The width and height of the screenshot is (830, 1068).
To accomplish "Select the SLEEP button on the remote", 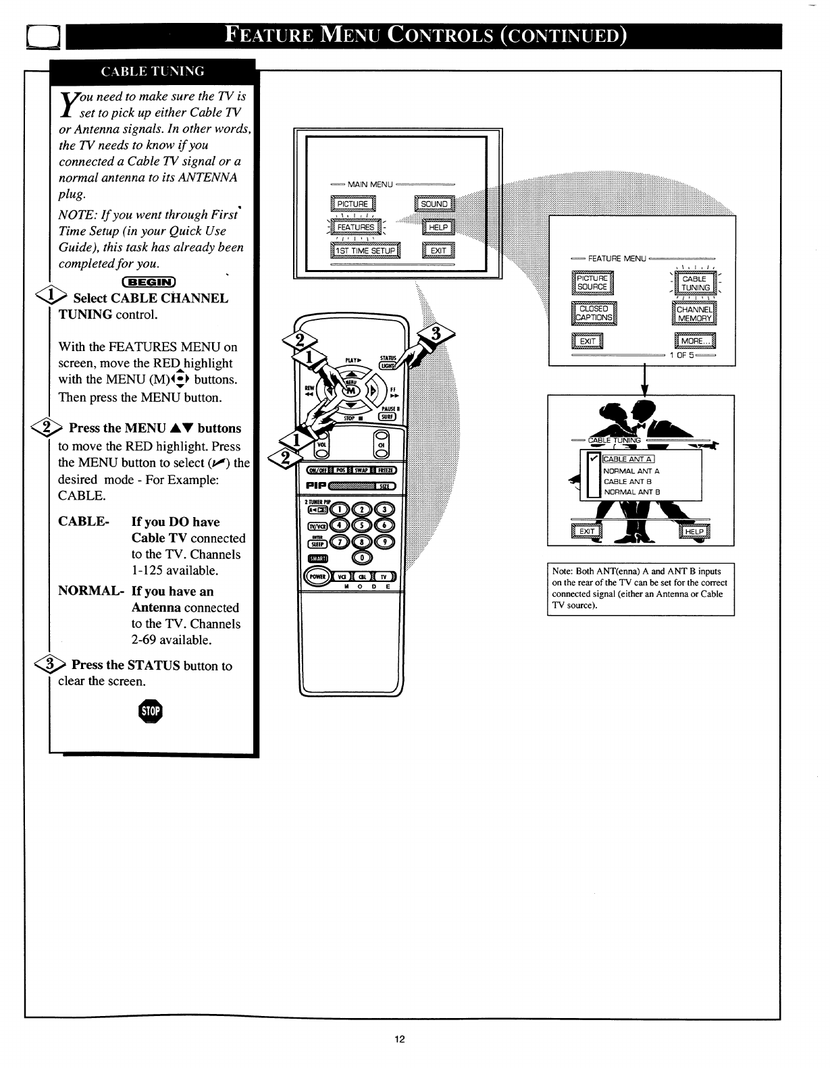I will [x=317, y=543].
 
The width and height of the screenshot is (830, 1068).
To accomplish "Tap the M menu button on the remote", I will [x=351, y=392].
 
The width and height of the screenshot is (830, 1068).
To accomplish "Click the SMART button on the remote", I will [x=317, y=558].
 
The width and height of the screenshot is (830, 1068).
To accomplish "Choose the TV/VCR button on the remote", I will [x=317, y=526].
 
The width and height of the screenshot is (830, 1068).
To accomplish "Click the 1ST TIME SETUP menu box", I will [x=365, y=251].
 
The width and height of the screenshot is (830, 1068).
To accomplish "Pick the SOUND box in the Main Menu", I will [x=434, y=204].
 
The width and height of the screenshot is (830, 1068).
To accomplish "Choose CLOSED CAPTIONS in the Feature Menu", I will [x=594, y=313].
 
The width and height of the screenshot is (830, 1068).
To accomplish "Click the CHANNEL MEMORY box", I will [x=694, y=314].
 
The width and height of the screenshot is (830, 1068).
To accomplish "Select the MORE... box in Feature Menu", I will [x=694, y=342].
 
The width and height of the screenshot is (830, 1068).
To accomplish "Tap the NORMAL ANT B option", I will [x=631, y=492].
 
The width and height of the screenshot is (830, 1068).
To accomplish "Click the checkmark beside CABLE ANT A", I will [x=594, y=459].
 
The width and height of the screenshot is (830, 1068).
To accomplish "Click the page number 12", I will [x=399, y=1039].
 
